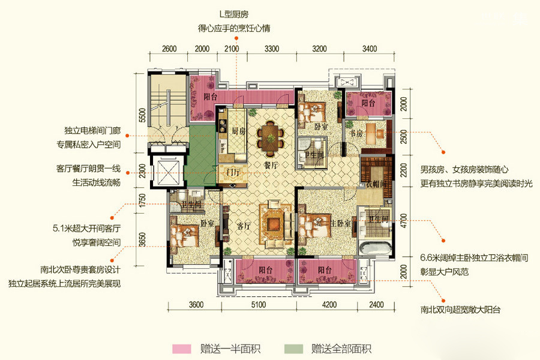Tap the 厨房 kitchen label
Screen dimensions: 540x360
(238, 131)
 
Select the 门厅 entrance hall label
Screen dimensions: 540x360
(233, 172)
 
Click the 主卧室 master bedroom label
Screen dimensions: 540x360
(341, 223)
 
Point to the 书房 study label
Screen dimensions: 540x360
(356, 133)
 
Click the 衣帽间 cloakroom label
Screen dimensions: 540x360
(376, 184)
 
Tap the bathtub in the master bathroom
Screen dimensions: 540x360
(375, 248)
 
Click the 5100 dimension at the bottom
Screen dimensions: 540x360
(258, 305)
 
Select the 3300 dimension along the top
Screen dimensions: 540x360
(272, 49)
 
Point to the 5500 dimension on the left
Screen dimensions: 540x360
(142, 115)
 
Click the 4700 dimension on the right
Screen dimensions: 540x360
(404, 220)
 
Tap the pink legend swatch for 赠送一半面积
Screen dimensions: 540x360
(181, 349)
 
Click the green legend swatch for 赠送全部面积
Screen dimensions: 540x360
(293, 349)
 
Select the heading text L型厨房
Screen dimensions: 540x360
(234, 14)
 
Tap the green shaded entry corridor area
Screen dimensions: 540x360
(200, 155)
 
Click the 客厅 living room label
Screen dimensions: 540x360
(244, 226)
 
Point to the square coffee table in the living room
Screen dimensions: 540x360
(275, 223)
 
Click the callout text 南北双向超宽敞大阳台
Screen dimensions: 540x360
(460, 310)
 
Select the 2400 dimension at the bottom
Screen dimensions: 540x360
(376, 305)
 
